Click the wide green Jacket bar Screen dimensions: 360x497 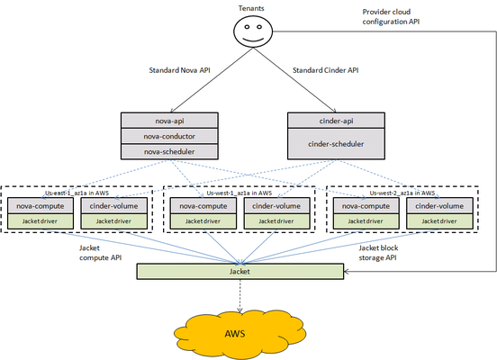pos(239,269)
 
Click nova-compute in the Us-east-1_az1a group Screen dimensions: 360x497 pos(43,206)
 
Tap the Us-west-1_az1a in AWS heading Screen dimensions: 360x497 pos(239,193)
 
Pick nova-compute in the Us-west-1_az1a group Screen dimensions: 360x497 pos(198,206)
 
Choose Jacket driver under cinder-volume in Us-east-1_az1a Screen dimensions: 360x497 pos(113,220)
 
